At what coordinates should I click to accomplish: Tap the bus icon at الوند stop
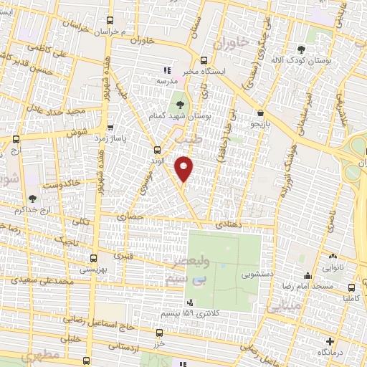coord(157,150)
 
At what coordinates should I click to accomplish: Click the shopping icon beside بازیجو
coord(259,113)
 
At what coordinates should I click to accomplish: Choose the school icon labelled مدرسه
coord(166,70)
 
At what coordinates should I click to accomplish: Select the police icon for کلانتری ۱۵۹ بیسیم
coord(190,302)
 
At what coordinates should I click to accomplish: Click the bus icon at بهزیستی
coord(92,258)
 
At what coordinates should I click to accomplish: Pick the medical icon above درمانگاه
coord(329,341)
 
